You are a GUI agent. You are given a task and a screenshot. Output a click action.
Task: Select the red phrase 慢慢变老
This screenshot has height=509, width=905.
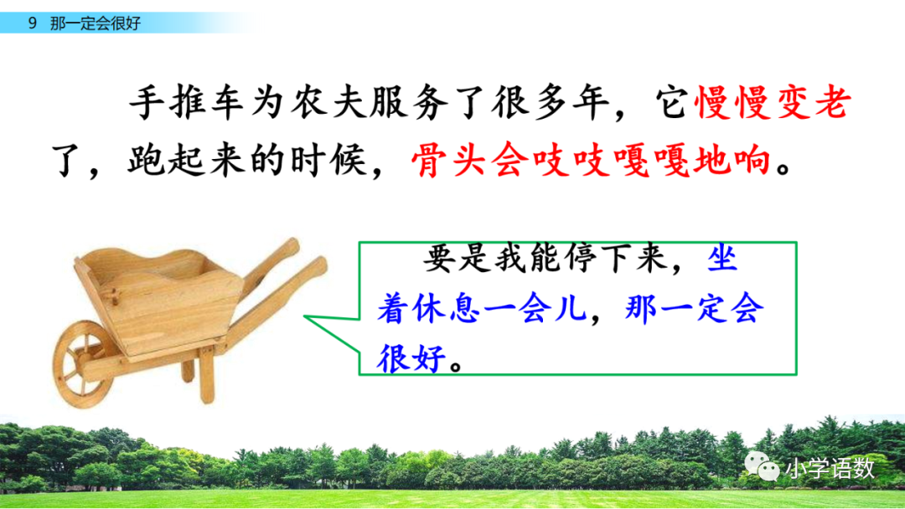tap(773, 105)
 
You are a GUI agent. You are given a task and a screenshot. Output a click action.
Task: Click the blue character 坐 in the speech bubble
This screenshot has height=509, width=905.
tap(723, 260)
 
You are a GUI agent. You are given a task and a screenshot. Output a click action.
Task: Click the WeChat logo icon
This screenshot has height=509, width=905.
tap(763, 466)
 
